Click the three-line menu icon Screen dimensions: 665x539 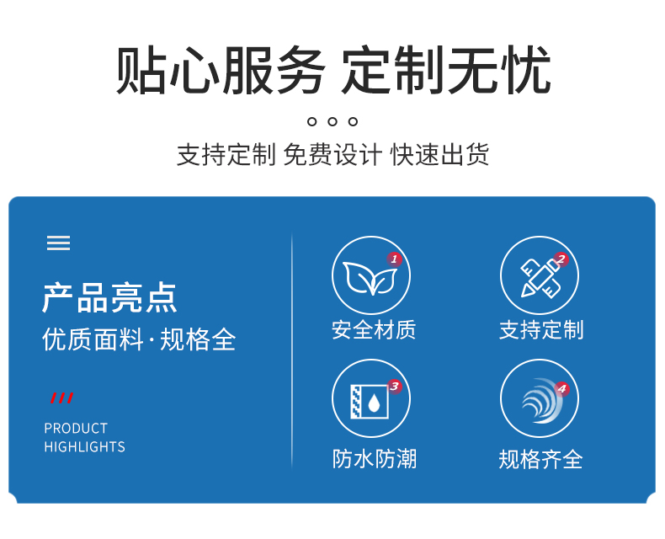click(58, 243)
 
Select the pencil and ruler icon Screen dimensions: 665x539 click(540, 279)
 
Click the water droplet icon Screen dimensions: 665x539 click(374, 403)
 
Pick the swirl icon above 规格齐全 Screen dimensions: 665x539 click(541, 401)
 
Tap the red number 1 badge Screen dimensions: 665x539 click(394, 259)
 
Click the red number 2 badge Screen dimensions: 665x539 click(561, 259)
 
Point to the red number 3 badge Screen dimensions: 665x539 click(395, 387)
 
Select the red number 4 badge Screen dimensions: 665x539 click(562, 388)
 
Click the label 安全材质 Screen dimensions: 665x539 click(374, 330)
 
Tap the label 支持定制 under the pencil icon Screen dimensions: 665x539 click(541, 330)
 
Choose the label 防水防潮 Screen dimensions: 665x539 click(375, 459)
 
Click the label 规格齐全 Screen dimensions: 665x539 click(540, 459)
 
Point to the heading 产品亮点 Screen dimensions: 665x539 click(109, 298)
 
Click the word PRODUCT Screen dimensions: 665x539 click(76, 428)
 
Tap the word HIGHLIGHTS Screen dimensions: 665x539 click(85, 447)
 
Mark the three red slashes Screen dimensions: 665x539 click(62, 398)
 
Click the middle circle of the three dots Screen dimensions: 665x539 click(332, 122)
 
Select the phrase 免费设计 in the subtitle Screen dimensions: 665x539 click(332, 154)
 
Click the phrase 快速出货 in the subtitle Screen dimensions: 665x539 click(439, 154)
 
